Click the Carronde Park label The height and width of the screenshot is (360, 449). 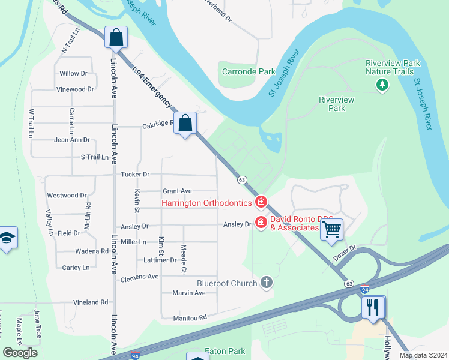pos(248,71)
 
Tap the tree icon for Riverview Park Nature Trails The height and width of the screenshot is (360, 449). pos(382,85)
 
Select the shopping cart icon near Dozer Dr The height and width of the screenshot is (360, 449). pos(331,229)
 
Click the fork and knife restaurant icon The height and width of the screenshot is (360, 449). pos(373,307)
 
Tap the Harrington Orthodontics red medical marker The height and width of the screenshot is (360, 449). pos(261,202)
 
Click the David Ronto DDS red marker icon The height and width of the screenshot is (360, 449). pos(261,223)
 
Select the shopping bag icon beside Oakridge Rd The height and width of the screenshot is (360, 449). pos(185,124)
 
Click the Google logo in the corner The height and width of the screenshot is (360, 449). pos(20,353)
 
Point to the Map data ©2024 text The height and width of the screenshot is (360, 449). pos(423,355)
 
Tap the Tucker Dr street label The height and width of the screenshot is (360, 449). pos(135,175)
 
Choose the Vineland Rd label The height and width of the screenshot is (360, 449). pos(91,302)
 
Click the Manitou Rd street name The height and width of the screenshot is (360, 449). pos(190,317)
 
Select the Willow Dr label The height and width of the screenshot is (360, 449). pos(73,73)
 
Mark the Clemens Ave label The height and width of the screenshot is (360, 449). pos(139,277)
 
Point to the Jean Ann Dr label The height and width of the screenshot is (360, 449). pos(72,140)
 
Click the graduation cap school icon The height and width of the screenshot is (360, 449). pos(6,238)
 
